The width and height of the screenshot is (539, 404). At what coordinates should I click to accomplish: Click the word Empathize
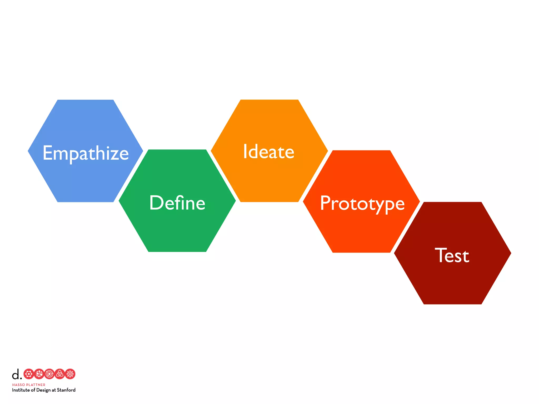pyautogui.click(x=86, y=153)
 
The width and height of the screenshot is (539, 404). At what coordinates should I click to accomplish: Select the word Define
pyautogui.click(x=177, y=203)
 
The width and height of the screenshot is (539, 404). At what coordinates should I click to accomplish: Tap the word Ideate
pyautogui.click(x=268, y=151)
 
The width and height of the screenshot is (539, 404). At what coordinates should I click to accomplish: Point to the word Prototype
pyautogui.click(x=362, y=203)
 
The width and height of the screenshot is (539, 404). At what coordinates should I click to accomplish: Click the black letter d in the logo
pyautogui.click(x=16, y=374)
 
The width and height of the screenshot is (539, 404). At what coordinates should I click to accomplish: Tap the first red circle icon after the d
pyautogui.click(x=29, y=374)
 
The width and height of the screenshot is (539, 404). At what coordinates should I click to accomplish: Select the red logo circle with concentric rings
pyautogui.click(x=49, y=374)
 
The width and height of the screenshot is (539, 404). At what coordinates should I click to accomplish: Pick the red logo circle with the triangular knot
pyautogui.click(x=60, y=374)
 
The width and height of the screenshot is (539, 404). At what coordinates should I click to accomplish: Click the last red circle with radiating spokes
pyautogui.click(x=70, y=374)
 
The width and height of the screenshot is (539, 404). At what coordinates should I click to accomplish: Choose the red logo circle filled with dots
pyautogui.click(x=39, y=374)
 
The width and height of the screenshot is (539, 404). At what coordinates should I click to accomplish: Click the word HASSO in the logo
pyautogui.click(x=18, y=385)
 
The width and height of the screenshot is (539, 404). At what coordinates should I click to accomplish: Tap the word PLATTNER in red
pyautogui.click(x=36, y=385)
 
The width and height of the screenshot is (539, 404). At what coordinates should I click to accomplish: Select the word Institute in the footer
pyautogui.click(x=21, y=390)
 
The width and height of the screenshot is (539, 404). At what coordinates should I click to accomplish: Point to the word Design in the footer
pyautogui.click(x=43, y=390)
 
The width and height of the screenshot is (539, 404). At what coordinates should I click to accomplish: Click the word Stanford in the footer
pyautogui.click(x=66, y=390)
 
